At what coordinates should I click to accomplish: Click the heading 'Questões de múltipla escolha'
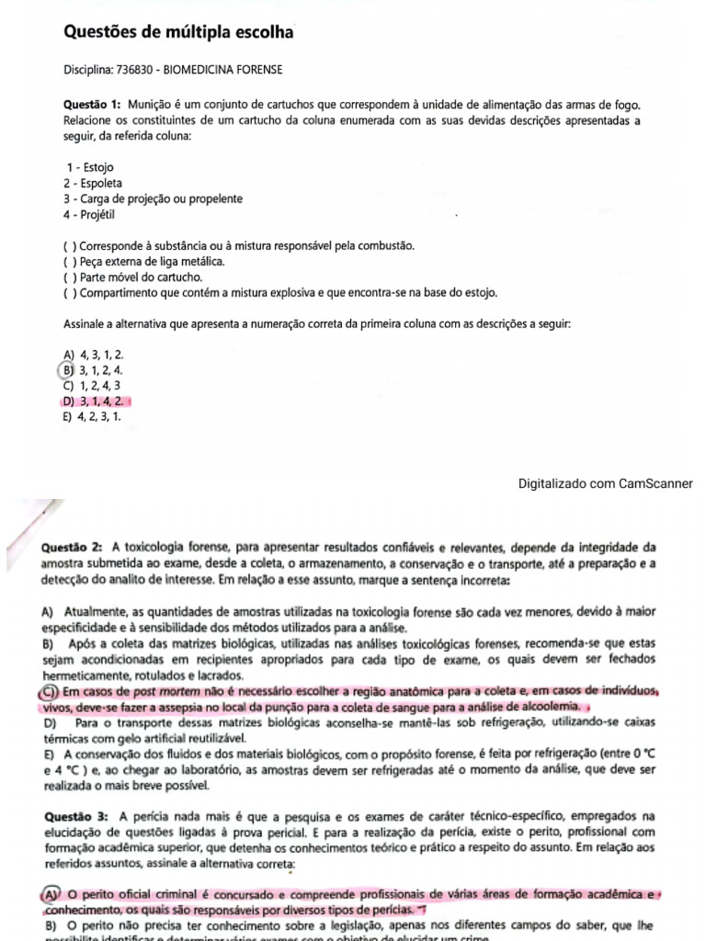coord(178,33)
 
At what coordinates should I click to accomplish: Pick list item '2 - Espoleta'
coord(93,184)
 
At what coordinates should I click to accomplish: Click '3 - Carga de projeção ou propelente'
coord(153,198)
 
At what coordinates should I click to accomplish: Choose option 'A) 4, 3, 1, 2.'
coord(93,355)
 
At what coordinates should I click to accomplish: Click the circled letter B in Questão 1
coord(67,370)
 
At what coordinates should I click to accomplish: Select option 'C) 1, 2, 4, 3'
coord(92,386)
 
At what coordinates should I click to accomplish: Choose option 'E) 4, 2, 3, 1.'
coord(92,416)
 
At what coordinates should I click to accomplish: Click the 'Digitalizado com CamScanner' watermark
coord(605,483)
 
